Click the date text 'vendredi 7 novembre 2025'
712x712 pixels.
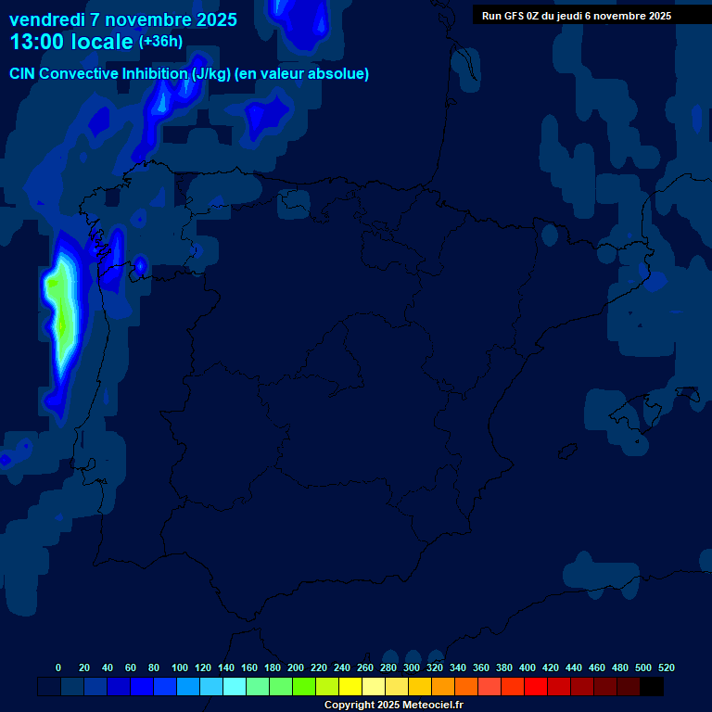(123, 19)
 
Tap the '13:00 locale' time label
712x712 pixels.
(71, 42)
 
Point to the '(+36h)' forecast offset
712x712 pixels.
(160, 42)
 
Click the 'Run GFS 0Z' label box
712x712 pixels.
(577, 15)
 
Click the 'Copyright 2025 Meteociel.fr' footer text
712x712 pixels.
(393, 705)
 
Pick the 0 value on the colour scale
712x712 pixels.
(58, 667)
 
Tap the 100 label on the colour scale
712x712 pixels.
(180, 667)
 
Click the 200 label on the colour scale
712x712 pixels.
(296, 667)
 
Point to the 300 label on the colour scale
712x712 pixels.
(412, 667)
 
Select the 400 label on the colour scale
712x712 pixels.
(528, 667)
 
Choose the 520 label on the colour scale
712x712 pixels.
(666, 667)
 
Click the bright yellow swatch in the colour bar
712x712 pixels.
(350, 687)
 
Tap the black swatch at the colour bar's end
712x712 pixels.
(652, 687)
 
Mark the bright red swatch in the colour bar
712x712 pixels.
(536, 687)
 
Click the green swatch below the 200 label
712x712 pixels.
(304, 687)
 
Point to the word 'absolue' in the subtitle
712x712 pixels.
(337, 74)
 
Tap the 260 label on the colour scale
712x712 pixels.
(365, 667)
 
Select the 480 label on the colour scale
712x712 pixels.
(620, 667)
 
